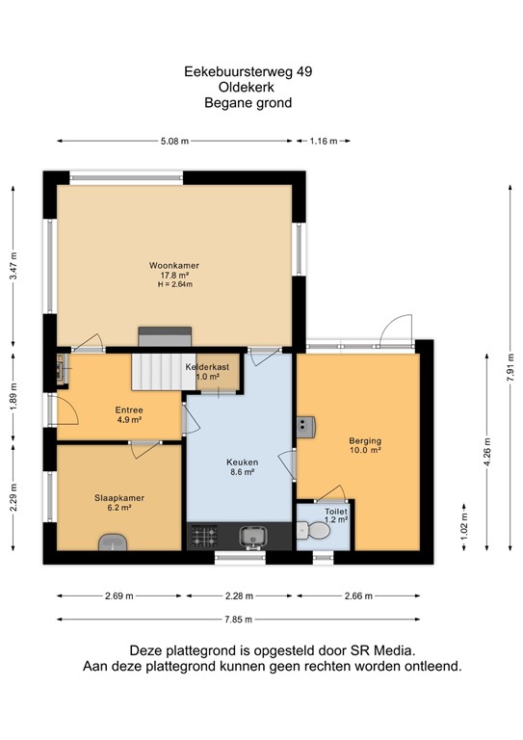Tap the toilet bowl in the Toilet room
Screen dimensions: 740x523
click(305, 529)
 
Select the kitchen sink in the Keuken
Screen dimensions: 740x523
click(254, 534)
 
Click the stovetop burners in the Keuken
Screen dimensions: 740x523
click(203, 534)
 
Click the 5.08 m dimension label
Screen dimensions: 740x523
click(173, 141)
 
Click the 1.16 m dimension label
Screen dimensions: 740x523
click(324, 141)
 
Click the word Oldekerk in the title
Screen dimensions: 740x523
click(248, 87)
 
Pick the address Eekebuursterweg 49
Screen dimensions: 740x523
click(248, 70)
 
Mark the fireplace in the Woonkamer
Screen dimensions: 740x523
click(153, 335)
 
